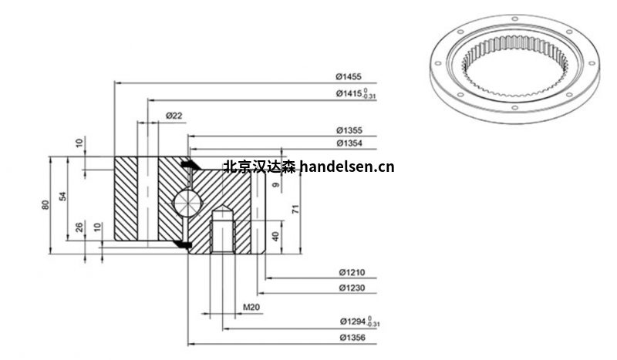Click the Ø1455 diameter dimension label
(x=349, y=77)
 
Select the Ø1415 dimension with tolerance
(x=355, y=95)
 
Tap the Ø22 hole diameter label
(x=174, y=116)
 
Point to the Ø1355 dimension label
(x=349, y=130)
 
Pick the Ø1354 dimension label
(x=349, y=143)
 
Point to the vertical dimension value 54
(x=64, y=197)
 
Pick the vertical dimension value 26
(x=79, y=228)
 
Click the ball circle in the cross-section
(x=186, y=202)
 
